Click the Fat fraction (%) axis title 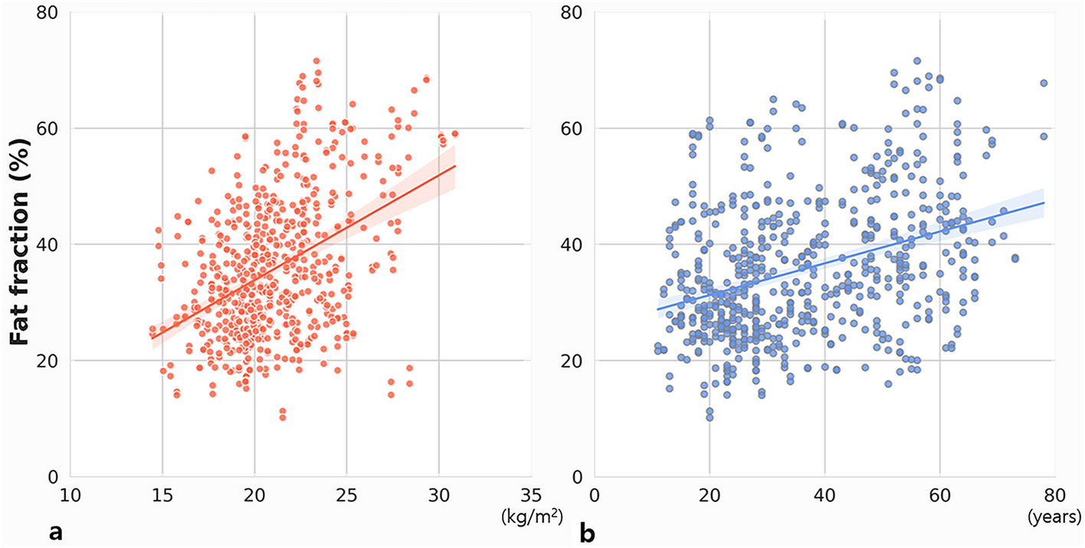pyautogui.click(x=25, y=245)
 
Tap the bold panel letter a pyautogui.click(x=56, y=531)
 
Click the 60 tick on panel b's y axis pyautogui.click(x=575, y=129)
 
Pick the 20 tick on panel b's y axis pyautogui.click(x=575, y=360)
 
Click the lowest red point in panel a pyautogui.click(x=282, y=418)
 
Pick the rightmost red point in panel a pyautogui.click(x=454, y=134)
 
